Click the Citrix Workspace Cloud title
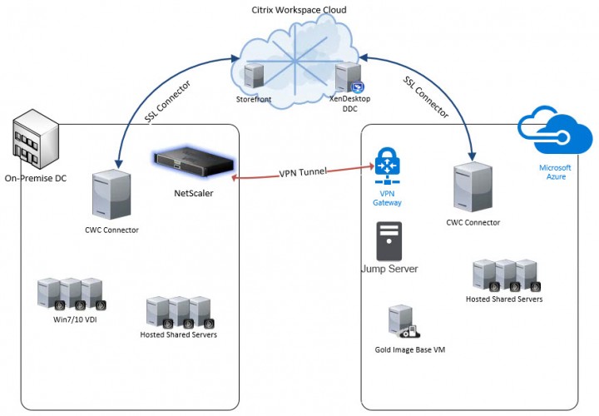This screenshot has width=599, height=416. [x=299, y=9]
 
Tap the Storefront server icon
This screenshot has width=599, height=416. [x=254, y=77]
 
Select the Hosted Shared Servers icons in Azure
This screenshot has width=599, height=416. [x=504, y=275]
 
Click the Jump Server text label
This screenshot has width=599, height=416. [x=389, y=270]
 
